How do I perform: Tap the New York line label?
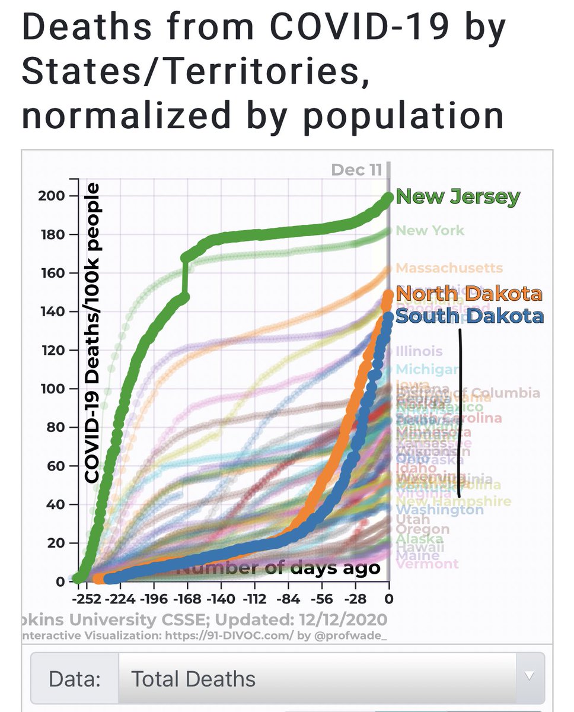point(430,230)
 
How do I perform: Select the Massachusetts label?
point(449,268)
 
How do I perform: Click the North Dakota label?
point(468,294)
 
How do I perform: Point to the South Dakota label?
point(469,316)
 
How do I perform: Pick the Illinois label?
point(419,351)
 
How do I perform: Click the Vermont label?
point(426,564)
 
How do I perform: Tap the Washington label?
point(439,510)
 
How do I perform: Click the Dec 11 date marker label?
point(356,170)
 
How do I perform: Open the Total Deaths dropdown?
point(331,679)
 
